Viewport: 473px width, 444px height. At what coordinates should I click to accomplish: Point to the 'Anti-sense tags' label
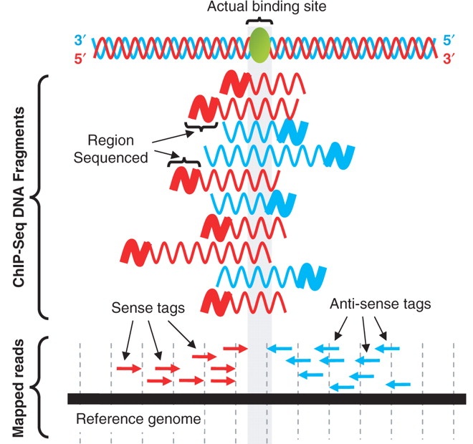click(381, 304)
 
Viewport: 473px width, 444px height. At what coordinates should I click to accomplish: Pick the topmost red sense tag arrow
click(234, 348)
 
